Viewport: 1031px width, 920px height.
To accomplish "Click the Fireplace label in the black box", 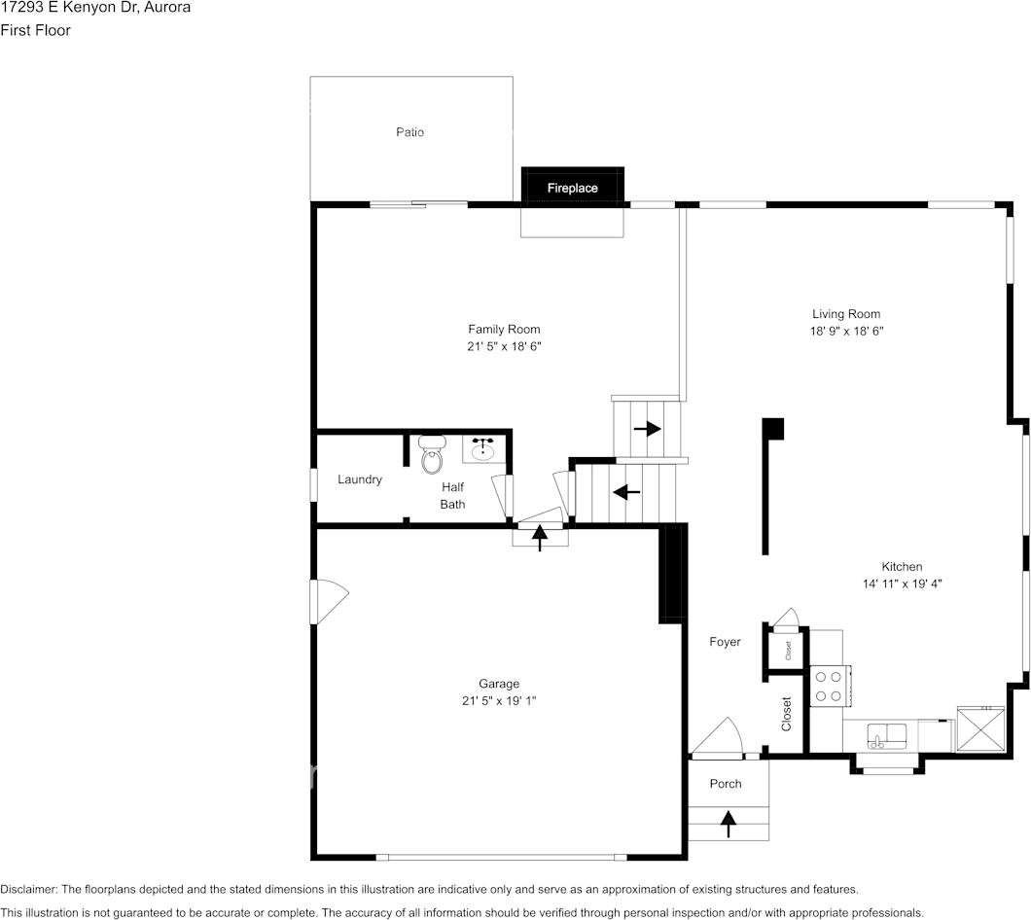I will tap(572, 188).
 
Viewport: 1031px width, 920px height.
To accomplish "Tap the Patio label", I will tap(409, 132).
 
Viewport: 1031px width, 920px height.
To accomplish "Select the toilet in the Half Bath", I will tap(432, 455).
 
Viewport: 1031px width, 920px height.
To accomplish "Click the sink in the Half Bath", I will tap(483, 449).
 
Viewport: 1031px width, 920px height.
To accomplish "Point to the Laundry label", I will tap(360, 479).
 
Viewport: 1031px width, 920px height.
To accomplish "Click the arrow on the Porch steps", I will tap(728, 825).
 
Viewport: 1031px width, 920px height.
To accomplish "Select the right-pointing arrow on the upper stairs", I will tap(647, 428).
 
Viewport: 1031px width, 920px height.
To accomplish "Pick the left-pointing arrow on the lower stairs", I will tap(626, 492).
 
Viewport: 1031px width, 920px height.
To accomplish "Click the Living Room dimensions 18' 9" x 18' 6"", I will tap(846, 331).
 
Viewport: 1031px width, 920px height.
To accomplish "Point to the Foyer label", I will tap(725, 642).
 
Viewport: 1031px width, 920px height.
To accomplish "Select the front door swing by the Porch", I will tap(720, 739).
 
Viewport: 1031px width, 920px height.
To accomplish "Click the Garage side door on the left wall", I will tap(326, 602).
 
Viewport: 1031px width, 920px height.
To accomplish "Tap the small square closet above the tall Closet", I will tap(787, 649).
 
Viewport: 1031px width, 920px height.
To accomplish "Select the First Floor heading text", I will tap(36, 30).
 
